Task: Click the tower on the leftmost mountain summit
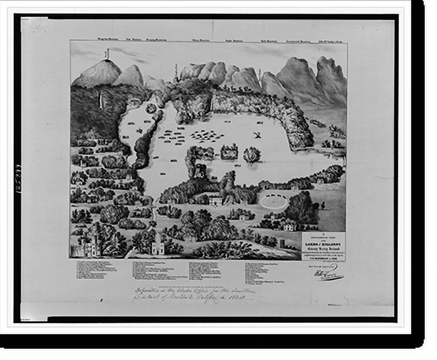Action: point(107,55)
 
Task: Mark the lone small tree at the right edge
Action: point(323,205)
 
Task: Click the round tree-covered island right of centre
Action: point(251,154)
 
